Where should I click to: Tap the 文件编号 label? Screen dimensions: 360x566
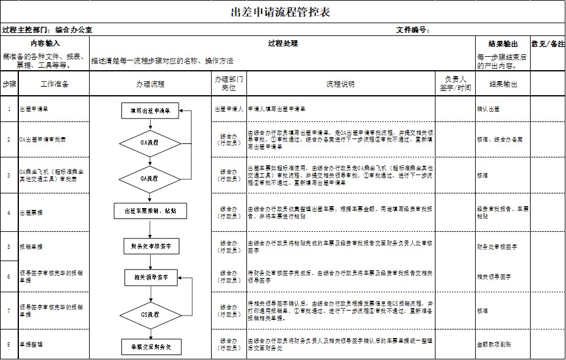pos(413,29)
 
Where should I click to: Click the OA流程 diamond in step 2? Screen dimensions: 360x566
pos(150,142)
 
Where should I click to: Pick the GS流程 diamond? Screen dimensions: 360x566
pos(150,314)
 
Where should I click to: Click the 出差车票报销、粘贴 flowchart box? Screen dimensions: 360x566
pos(150,211)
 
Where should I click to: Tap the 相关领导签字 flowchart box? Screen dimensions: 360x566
pos(150,278)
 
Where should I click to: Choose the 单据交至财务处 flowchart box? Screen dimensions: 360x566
pos(150,346)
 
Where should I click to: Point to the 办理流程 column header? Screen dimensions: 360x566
pos(150,84)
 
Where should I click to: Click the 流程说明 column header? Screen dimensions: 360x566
pos(340,84)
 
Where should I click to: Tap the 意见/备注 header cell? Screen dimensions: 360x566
pos(548,44)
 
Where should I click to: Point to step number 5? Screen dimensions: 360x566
pos(9,247)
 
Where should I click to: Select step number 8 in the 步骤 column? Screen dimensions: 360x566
pos(9,344)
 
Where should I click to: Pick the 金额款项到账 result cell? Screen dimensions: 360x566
pos(492,344)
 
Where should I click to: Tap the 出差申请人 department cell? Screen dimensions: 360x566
pos(229,109)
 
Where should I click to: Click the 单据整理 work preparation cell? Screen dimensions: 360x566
pos(31,344)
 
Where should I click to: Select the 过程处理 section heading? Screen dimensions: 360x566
pos(282,43)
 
